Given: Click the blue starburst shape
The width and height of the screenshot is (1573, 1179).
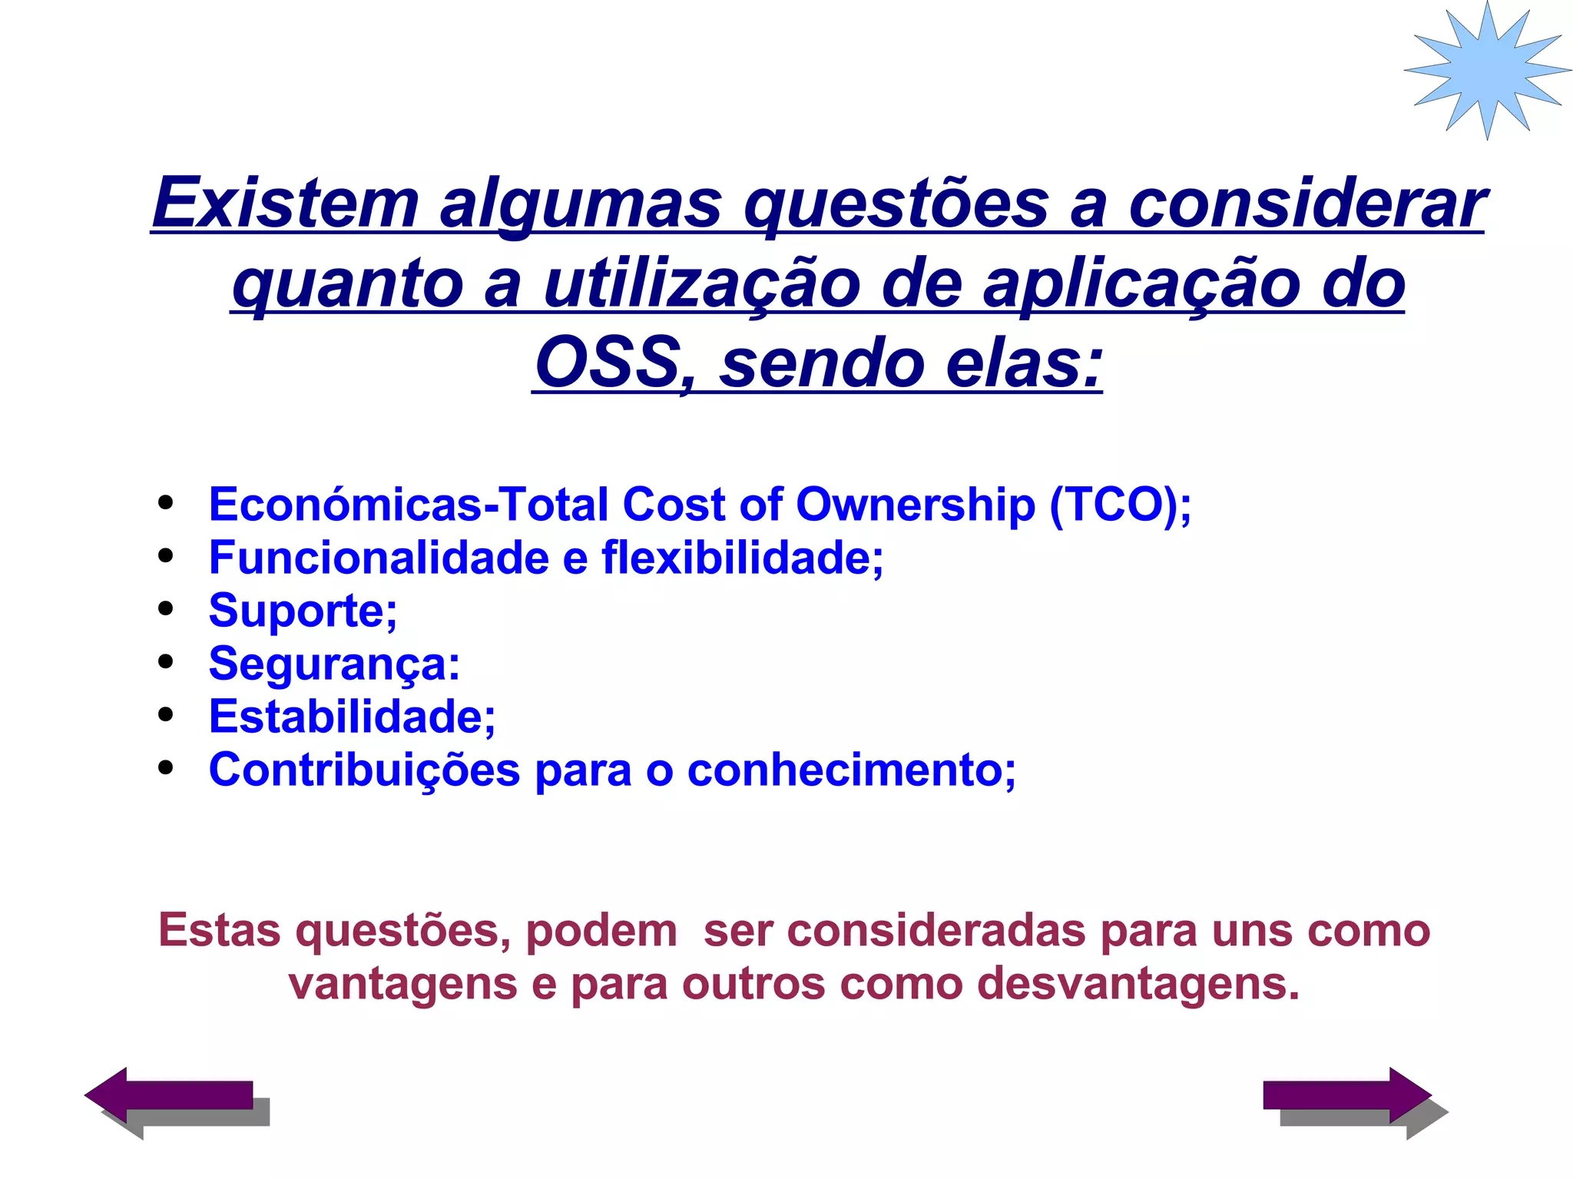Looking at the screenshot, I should coord(1487,69).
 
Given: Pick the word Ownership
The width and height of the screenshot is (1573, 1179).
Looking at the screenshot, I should coord(915,505).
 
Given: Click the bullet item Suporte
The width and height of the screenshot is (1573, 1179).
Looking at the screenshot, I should coord(303,611).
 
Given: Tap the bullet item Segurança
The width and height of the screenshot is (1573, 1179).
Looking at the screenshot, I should coord(334,664).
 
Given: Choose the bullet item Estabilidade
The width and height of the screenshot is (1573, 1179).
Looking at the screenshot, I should coord(352,717).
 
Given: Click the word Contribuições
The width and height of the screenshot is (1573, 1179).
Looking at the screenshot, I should coord(364,770).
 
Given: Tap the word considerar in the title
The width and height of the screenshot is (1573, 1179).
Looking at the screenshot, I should coord(1306,203).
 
